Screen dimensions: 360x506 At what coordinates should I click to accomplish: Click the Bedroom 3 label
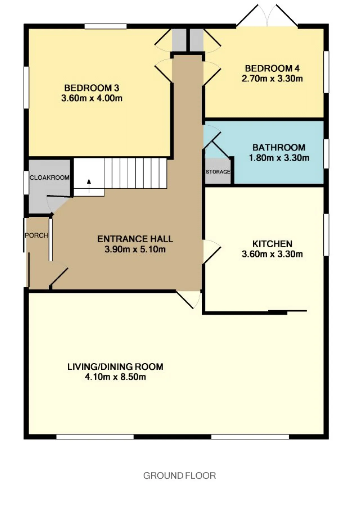(x=92, y=88)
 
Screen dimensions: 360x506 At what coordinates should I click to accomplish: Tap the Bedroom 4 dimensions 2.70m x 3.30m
(x=272, y=78)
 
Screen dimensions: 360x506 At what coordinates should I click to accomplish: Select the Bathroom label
(x=279, y=147)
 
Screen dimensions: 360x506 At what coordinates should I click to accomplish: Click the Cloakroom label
(x=49, y=178)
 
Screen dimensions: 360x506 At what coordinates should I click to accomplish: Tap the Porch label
(x=37, y=235)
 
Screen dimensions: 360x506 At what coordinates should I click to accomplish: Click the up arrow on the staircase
(x=89, y=186)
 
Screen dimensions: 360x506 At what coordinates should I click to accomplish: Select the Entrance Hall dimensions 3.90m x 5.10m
(x=135, y=249)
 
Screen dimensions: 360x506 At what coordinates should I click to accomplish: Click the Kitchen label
(x=272, y=244)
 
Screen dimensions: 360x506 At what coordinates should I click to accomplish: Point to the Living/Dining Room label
(x=115, y=367)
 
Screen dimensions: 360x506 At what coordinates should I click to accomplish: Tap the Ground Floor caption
(x=179, y=476)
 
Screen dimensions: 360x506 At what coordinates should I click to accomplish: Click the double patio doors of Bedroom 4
(x=267, y=16)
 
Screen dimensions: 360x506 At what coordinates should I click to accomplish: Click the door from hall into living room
(x=188, y=300)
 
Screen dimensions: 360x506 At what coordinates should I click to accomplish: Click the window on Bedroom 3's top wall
(x=105, y=26)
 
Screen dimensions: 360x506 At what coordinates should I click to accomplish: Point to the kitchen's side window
(x=326, y=235)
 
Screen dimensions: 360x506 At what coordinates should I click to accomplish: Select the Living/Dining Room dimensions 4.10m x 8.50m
(x=115, y=377)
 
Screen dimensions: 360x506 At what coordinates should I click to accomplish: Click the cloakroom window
(x=26, y=182)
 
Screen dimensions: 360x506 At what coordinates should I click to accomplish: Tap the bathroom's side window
(x=326, y=154)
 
